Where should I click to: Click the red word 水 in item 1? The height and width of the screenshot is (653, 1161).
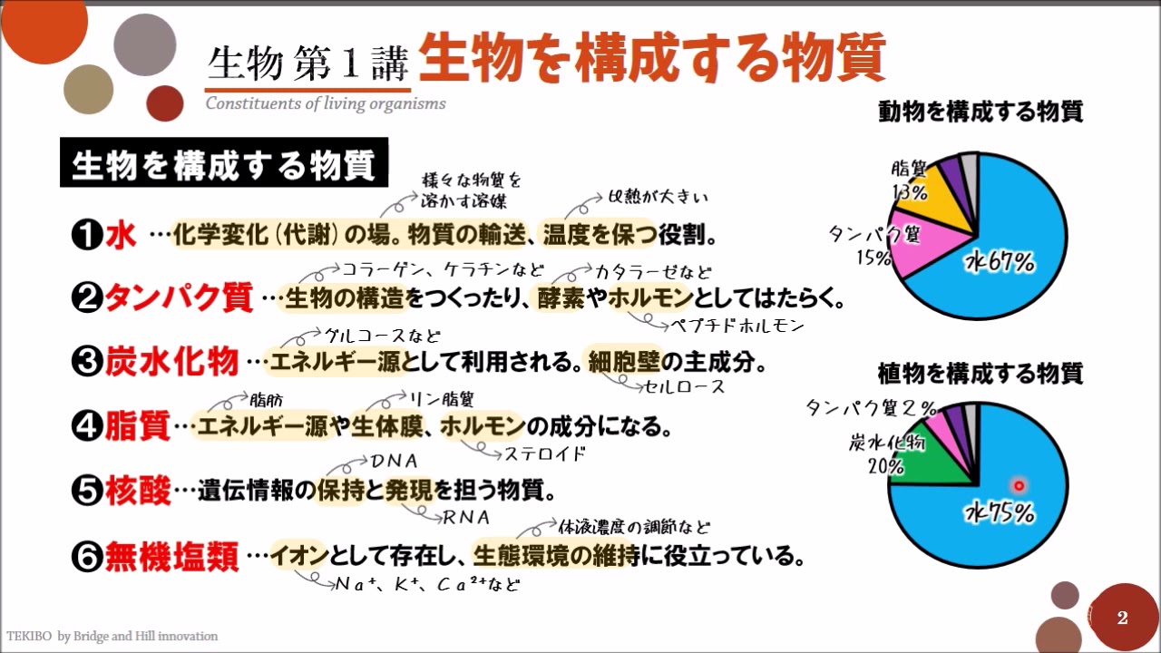pos(121,235)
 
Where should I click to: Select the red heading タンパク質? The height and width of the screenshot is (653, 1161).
pos(180,298)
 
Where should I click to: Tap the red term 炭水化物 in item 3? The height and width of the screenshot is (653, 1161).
pos(172,361)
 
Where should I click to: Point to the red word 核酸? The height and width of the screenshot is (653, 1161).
pos(138,491)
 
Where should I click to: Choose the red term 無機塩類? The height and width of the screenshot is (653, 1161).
pos(172,557)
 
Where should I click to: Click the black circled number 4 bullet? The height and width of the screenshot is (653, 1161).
pos(87,426)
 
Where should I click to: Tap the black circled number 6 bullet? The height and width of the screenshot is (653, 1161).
pos(87,557)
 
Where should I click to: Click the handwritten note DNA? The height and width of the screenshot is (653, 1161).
pos(395,461)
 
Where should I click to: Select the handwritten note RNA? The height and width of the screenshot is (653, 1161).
pos(466,517)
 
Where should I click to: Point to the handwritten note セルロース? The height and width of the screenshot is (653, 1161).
pos(684,386)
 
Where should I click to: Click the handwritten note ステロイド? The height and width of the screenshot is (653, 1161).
pos(545,454)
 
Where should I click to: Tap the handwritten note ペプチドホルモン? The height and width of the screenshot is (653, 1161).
pos(737,326)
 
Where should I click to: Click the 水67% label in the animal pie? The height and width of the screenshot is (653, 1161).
pos(1000,262)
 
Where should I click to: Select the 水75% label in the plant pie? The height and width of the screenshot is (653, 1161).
pos(1000,512)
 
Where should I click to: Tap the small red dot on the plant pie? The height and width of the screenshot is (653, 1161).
pos(1019,486)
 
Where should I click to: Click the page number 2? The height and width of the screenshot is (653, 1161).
pos(1123,618)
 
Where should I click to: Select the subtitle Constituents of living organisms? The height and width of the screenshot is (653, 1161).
pos(326,103)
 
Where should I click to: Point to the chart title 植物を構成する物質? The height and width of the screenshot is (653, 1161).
pos(981,374)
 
